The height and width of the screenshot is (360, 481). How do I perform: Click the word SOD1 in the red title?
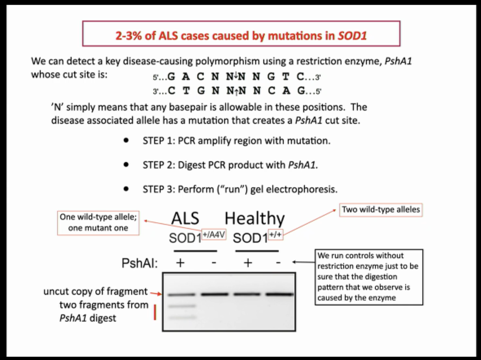tap(353, 36)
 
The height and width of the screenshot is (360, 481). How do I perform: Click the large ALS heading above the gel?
tap(185, 219)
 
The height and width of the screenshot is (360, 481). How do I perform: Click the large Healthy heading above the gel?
tap(255, 219)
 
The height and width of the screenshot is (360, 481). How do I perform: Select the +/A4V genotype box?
tap(214, 235)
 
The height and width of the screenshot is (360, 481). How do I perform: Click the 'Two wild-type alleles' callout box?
tap(381, 210)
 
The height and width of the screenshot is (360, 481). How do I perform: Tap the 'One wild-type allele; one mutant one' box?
tap(99, 222)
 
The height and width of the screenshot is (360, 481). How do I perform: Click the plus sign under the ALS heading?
tap(180, 263)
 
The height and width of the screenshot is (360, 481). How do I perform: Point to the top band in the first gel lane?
tap(180, 294)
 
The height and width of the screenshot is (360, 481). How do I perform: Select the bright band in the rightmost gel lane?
tap(279, 294)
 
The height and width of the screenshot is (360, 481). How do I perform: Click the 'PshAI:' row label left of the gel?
tap(140, 263)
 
